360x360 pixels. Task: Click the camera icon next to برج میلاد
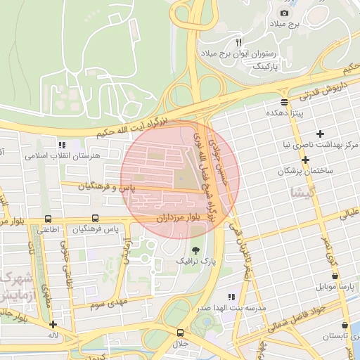[x=284, y=13]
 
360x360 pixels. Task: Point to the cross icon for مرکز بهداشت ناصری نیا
[x=321, y=134]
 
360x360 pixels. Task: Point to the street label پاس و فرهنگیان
[x=105, y=186]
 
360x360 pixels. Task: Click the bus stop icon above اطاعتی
[x=48, y=219]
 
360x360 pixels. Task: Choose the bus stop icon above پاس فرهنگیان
[x=95, y=219]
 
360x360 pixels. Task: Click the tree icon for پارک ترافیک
[x=195, y=250]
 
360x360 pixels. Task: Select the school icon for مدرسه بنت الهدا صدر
[x=232, y=297]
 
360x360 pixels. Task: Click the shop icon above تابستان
[x=344, y=326]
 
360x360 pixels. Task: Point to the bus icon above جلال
[x=181, y=333]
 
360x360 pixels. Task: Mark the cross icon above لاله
[x=53, y=325]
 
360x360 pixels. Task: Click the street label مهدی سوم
[x=105, y=304]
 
